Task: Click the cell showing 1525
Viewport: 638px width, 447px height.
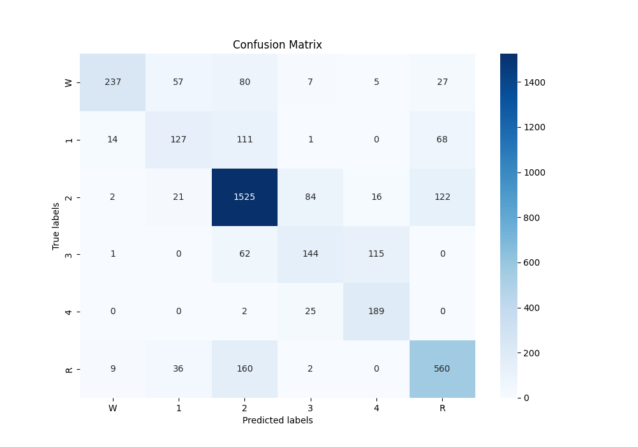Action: click(x=244, y=197)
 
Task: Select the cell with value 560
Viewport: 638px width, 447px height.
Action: click(x=442, y=369)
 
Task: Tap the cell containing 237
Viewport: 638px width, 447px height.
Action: click(x=113, y=82)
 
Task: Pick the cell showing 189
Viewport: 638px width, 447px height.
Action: click(x=376, y=312)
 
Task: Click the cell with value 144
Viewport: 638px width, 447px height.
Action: click(x=310, y=254)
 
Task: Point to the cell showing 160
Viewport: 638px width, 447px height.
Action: click(x=244, y=369)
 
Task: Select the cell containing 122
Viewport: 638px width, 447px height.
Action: click(x=442, y=197)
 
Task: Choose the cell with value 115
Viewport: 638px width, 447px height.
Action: click(x=376, y=254)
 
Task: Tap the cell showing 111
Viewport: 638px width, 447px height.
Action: click(x=244, y=140)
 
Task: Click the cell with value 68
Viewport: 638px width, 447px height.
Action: click(x=442, y=140)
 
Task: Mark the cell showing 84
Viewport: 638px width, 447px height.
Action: click(x=310, y=197)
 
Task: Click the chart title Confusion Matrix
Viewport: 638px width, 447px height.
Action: click(x=278, y=45)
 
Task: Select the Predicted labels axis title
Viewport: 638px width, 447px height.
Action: click(x=278, y=420)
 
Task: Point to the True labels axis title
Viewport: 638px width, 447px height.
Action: click(x=56, y=225)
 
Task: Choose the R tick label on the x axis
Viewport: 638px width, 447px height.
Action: click(x=442, y=407)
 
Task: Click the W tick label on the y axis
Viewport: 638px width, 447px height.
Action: click(x=69, y=82)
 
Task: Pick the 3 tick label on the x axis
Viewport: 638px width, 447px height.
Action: click(x=310, y=407)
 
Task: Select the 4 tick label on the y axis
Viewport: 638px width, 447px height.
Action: click(x=69, y=312)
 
